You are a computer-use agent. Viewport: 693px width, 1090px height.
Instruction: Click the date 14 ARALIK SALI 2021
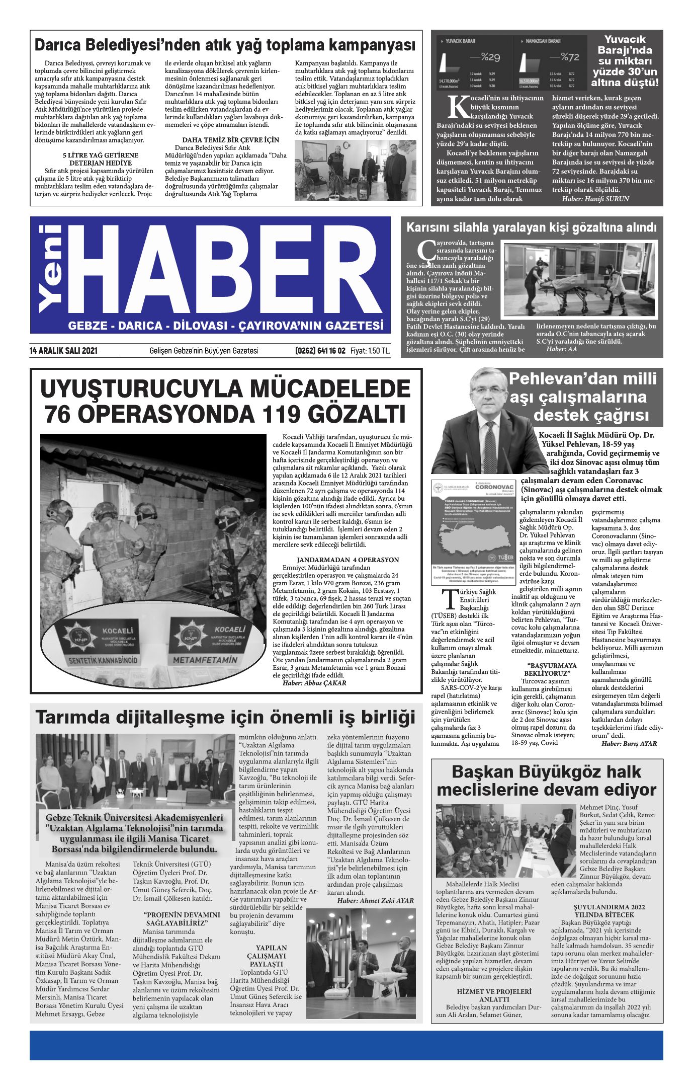point(63,351)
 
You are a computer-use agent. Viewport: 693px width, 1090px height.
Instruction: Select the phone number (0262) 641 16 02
point(320,351)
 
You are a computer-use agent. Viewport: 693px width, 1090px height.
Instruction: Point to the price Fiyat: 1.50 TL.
point(370,351)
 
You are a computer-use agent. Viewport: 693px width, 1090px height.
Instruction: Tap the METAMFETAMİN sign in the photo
point(205,659)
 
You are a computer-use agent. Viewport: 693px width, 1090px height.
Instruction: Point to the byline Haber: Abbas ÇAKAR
point(314,683)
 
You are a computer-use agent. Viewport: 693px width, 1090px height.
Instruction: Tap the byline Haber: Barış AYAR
point(629,743)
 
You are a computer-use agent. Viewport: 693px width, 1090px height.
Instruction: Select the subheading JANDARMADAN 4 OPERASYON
point(348,560)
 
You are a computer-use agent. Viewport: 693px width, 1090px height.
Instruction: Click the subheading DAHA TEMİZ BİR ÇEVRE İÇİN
point(230,140)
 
